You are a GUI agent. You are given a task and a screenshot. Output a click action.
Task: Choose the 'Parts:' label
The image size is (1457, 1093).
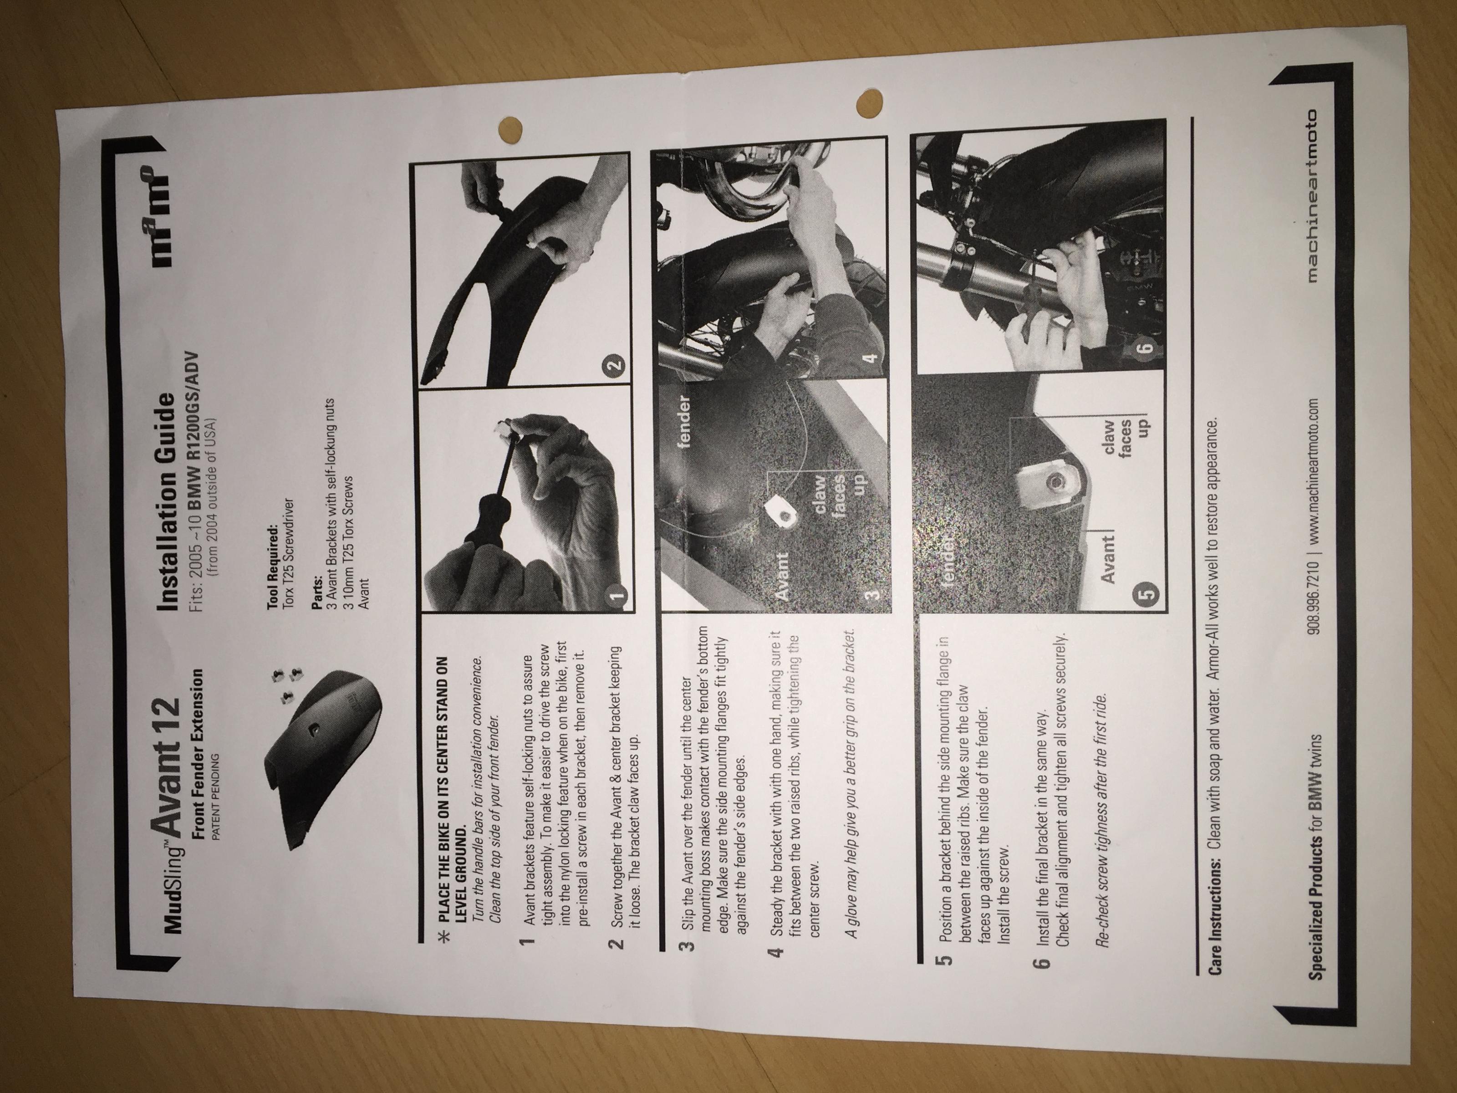tap(321, 581)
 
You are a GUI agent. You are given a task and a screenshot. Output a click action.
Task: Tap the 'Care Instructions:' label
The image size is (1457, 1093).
tap(1211, 907)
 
